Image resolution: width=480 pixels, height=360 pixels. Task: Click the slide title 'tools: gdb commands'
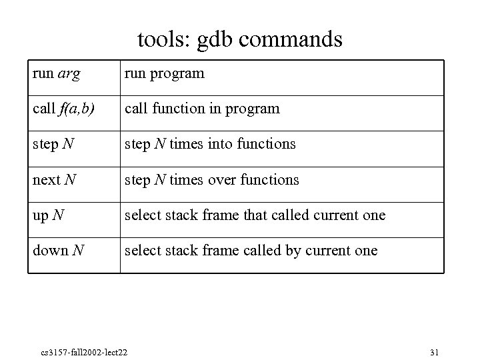pos(240,39)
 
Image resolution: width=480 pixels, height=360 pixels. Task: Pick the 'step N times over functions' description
pos(212,180)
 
